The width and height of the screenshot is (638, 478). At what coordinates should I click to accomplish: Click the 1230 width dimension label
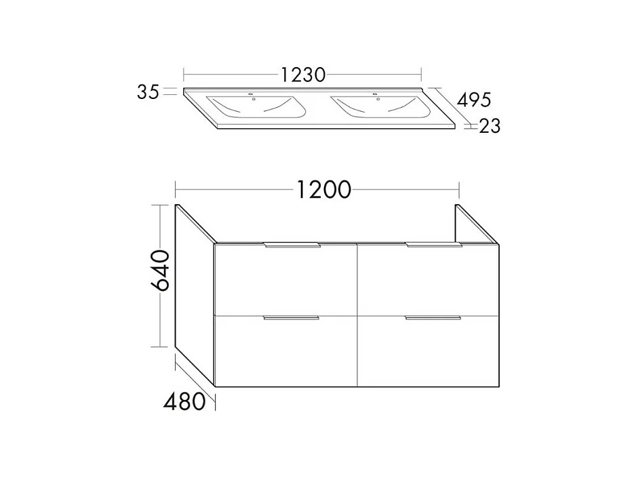coord(302,73)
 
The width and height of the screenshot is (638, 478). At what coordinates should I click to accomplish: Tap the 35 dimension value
coord(148,92)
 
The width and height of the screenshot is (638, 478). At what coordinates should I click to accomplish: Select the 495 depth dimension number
coord(473,100)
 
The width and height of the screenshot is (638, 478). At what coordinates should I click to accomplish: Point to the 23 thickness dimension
coord(490,125)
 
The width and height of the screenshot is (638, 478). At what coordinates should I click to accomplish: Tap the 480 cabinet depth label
coord(184,401)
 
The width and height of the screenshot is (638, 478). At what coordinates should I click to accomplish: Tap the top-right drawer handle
coord(434,245)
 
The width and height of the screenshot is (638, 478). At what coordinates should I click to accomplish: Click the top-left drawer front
coord(285,281)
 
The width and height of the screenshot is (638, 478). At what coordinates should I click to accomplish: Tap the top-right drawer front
coord(428,281)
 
